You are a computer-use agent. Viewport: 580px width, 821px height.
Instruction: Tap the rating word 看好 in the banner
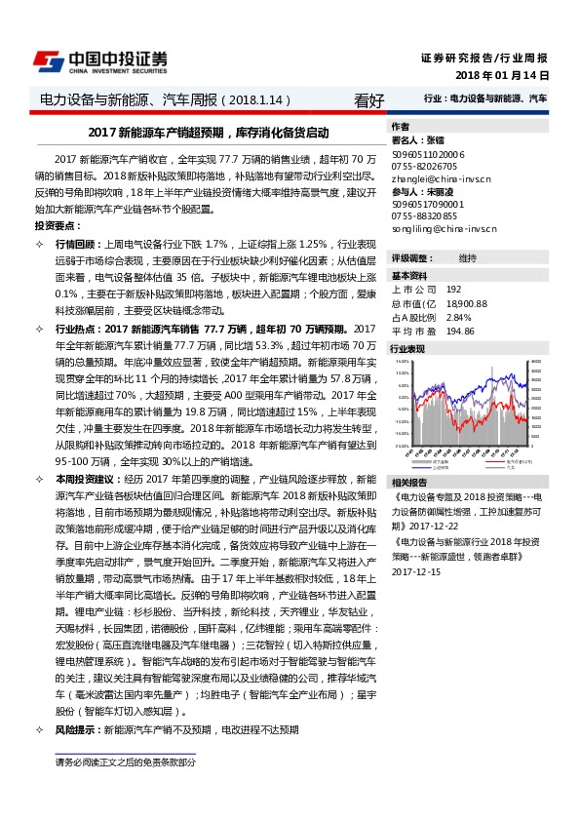click(369, 99)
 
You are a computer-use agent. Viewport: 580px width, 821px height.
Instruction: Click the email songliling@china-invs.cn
click(444, 229)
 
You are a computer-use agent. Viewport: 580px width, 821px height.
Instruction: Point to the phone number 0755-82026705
click(425, 167)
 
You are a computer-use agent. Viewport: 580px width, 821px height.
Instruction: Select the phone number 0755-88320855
click(425, 216)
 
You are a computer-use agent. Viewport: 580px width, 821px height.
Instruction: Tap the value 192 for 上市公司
click(452, 291)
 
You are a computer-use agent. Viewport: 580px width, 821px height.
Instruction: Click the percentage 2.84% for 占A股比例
click(458, 318)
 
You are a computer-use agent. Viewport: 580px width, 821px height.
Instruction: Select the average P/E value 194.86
click(459, 332)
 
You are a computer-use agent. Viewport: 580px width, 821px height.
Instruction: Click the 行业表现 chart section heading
click(407, 348)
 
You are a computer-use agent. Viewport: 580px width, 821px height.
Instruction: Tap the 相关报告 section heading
click(407, 483)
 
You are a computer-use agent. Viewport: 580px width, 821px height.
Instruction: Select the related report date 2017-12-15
click(416, 572)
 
